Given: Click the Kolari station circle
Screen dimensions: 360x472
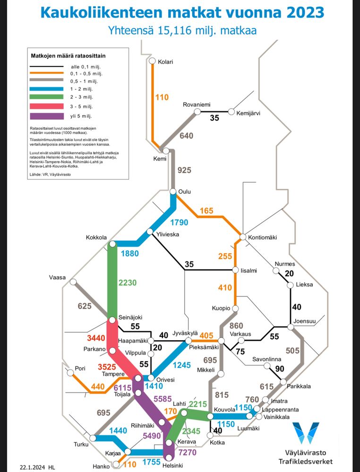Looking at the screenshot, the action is [x=152, y=61].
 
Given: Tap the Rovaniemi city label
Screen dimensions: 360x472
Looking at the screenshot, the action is [x=197, y=105].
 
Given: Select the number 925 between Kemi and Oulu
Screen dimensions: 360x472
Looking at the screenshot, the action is [x=184, y=170].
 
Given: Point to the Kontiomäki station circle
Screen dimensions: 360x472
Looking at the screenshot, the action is [x=243, y=237].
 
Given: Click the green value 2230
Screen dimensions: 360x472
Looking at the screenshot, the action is [x=128, y=283].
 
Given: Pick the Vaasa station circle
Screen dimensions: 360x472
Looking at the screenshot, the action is [x=73, y=282].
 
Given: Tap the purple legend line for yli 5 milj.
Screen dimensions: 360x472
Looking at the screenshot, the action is [x=47, y=116].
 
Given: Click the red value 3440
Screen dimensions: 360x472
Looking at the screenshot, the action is [x=96, y=338].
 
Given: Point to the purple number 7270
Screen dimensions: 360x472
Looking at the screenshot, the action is [x=187, y=452].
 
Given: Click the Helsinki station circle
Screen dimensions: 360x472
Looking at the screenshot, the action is [x=169, y=457].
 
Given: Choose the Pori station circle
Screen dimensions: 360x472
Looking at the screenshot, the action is [x=70, y=373].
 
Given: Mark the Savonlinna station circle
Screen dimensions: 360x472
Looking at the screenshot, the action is [x=267, y=366].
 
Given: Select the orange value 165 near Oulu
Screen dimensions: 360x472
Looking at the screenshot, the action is [x=206, y=211].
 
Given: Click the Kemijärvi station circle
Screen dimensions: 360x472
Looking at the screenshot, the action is [x=231, y=112].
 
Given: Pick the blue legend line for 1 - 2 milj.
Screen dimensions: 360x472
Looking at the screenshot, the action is [x=47, y=89].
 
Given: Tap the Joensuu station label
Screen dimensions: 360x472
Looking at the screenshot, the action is [x=305, y=321].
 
